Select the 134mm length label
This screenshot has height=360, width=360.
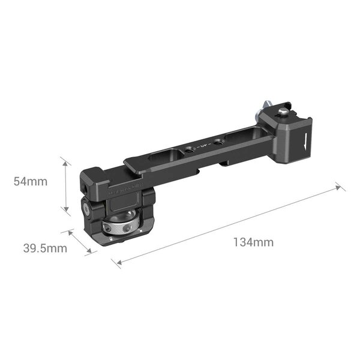(253, 242)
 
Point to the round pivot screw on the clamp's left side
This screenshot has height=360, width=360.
(86, 211)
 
